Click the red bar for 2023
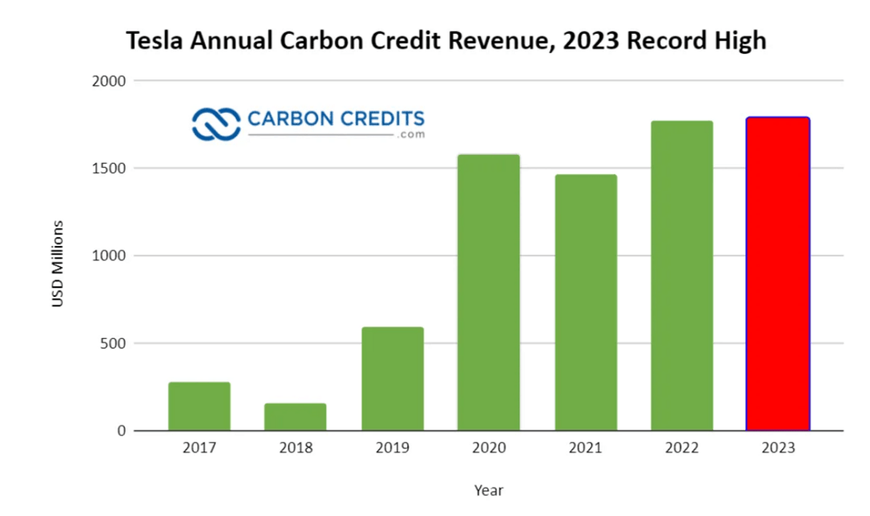(777, 274)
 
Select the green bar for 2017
(199, 406)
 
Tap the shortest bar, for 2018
(296, 417)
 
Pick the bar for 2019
(392, 379)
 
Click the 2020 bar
(489, 292)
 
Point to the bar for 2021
(586, 302)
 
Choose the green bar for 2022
(682, 276)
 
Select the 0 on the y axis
(121, 431)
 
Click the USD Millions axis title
(58, 263)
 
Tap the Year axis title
(488, 489)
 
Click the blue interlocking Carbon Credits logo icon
(216, 123)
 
